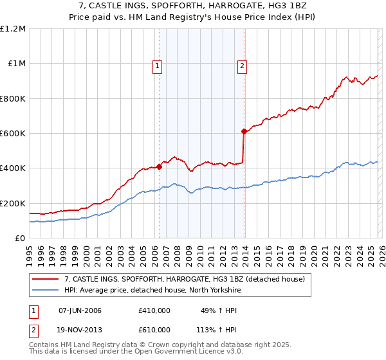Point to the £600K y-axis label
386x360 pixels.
pyautogui.click(x=13, y=134)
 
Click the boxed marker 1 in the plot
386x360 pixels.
pyautogui.click(x=158, y=65)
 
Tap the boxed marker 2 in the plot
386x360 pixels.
pyautogui.click(x=243, y=65)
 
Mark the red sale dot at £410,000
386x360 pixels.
pyautogui.click(x=159, y=166)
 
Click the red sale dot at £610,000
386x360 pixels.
pyautogui.click(x=244, y=132)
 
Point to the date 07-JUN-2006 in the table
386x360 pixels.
pyautogui.click(x=80, y=310)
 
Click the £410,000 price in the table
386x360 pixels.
pyautogui.click(x=154, y=310)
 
